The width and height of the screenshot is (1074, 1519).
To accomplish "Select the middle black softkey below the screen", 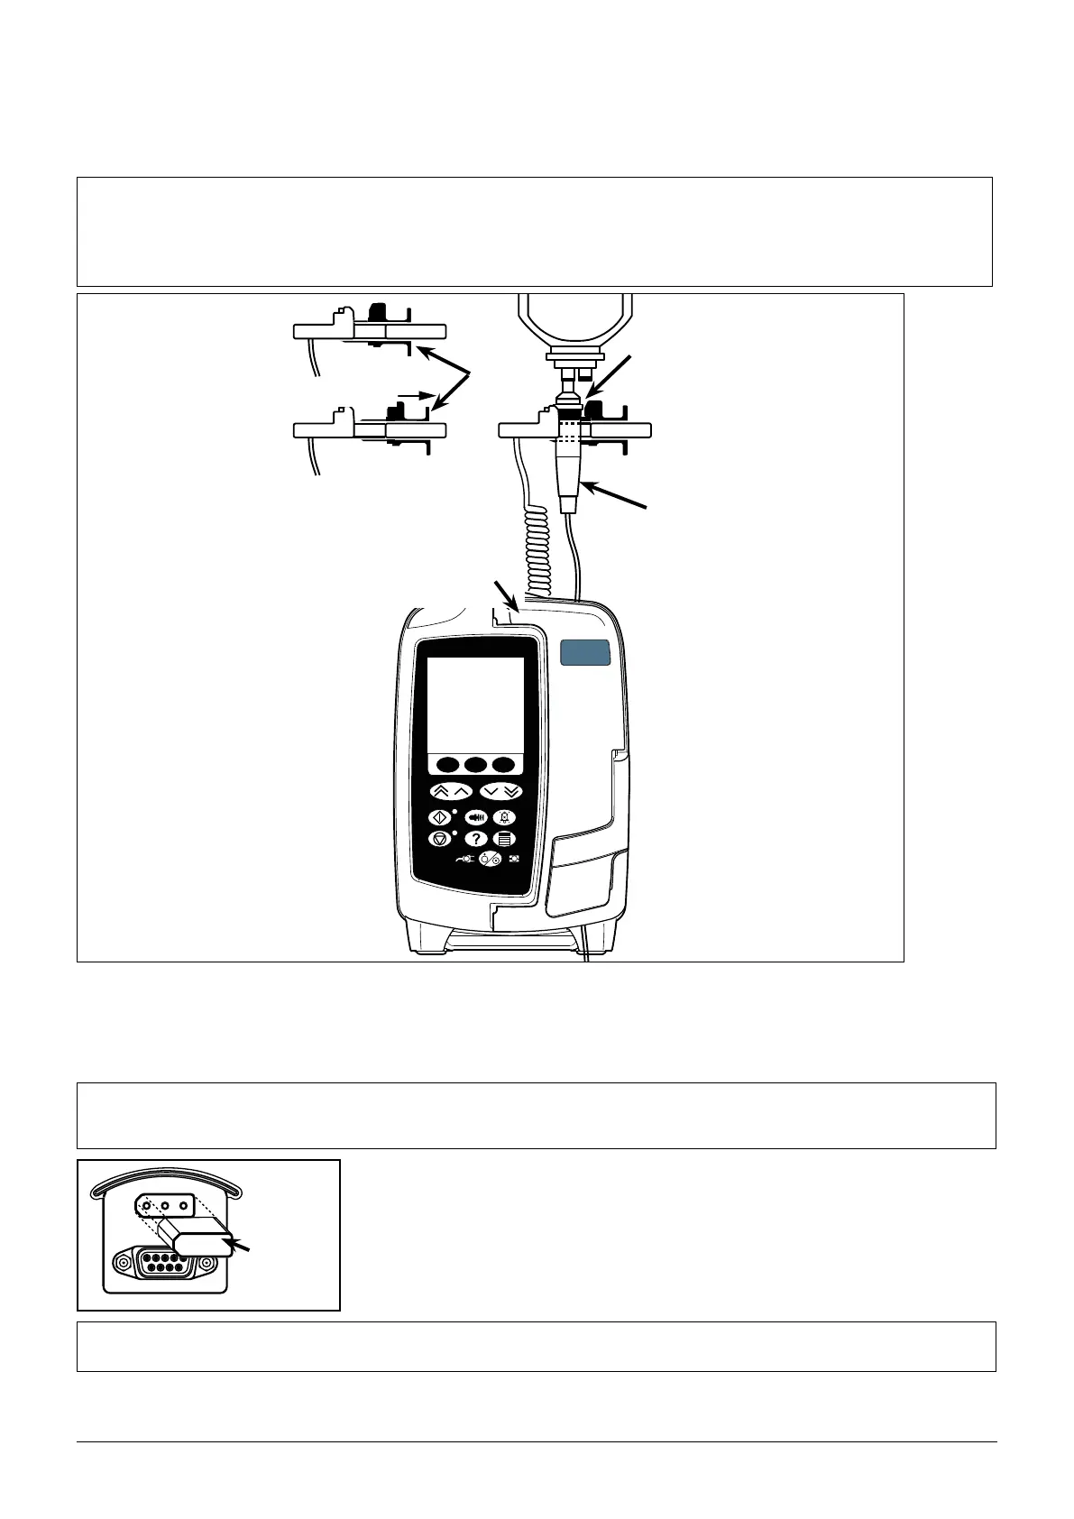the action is [475, 765].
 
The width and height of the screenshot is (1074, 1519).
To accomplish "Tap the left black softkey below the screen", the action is [446, 765].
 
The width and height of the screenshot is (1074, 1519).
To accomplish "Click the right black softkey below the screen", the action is [503, 765].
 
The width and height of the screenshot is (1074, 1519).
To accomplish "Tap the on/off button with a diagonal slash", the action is [491, 859].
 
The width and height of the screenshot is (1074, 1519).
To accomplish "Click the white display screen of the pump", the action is [475, 704].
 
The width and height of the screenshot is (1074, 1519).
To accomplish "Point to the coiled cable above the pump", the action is [533, 550].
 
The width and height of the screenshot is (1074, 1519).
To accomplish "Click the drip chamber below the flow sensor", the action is [568, 474].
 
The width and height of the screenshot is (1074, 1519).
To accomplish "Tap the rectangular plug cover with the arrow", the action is [203, 1245].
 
